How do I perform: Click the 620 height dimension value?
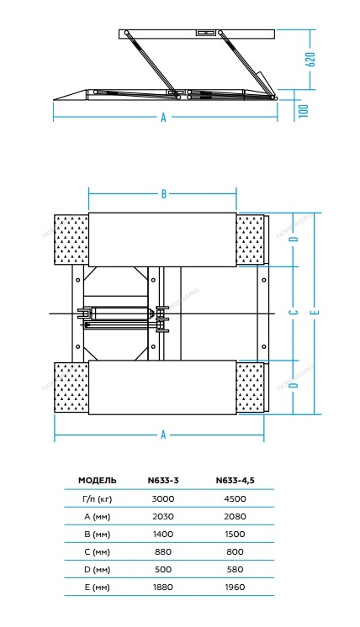tap(310, 59)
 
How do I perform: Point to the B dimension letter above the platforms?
tap(164, 194)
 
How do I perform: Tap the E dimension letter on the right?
tap(316, 312)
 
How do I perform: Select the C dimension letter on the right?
tap(294, 312)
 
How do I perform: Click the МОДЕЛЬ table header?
tap(98, 480)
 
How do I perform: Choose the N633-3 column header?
tap(163, 480)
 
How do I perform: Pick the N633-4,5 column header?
tap(236, 480)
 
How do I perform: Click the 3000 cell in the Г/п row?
tap(163, 498)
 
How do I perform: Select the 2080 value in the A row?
tap(236, 516)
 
